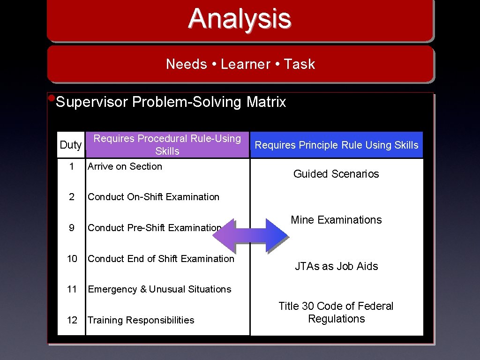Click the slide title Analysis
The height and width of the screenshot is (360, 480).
click(240, 19)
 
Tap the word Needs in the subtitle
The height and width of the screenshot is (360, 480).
click(186, 64)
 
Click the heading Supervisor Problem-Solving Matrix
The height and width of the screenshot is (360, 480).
click(171, 102)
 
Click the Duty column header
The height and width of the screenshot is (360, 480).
click(71, 145)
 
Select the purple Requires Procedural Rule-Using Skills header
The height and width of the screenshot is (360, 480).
click(167, 145)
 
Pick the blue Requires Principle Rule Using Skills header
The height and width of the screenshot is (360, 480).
click(336, 145)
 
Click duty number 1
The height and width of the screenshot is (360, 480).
click(71, 166)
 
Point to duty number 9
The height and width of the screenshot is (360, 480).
click(71, 228)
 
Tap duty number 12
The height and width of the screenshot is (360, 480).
click(72, 320)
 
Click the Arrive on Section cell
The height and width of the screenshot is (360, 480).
click(125, 166)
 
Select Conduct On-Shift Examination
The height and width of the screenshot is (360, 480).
click(153, 197)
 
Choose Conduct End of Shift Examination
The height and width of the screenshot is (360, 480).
click(161, 259)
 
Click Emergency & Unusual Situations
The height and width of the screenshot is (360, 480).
click(159, 289)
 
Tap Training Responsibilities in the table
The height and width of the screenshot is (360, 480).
click(141, 320)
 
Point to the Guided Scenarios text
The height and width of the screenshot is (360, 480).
click(336, 174)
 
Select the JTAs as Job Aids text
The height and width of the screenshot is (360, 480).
click(336, 266)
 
